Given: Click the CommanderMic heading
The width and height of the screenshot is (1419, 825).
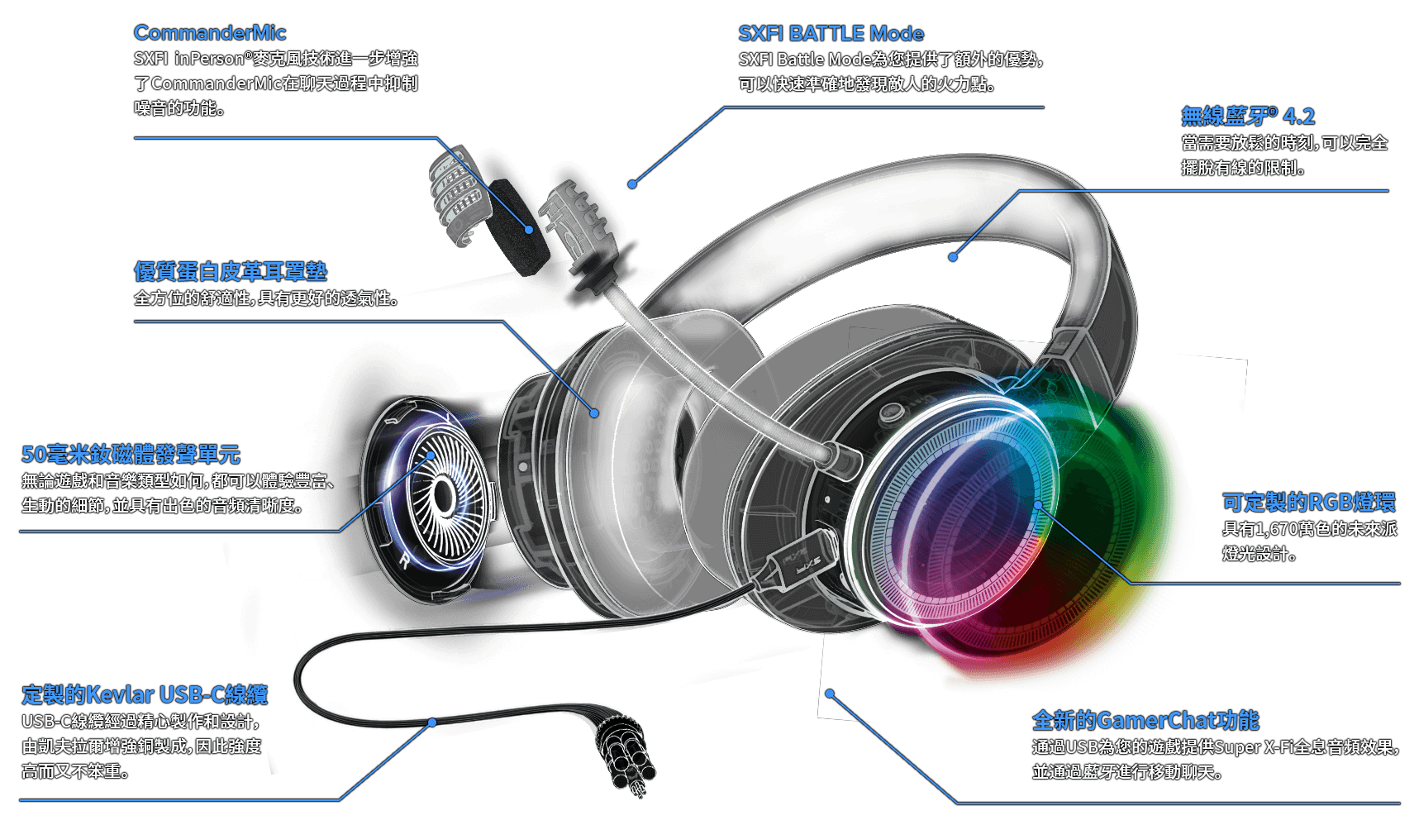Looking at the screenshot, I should click(210, 33).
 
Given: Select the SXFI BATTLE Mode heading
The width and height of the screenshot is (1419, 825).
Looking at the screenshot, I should click(831, 34).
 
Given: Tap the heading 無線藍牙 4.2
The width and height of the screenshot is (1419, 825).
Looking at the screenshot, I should click(1247, 117).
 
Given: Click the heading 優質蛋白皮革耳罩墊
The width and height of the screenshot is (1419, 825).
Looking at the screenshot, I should click(231, 271).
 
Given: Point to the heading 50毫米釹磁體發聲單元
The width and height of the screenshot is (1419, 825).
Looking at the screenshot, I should click(131, 454).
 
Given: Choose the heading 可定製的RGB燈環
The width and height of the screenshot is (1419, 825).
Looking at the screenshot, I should click(1308, 502).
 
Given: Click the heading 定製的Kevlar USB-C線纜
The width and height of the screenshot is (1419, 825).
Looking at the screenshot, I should click(145, 694).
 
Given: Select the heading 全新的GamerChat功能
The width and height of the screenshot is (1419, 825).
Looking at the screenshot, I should click(1145, 720).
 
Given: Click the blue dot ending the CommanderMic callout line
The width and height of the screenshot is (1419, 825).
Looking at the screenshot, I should click(529, 229).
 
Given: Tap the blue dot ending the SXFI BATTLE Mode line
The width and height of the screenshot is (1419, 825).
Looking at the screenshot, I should click(632, 184).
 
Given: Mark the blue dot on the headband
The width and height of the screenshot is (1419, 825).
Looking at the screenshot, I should click(953, 257).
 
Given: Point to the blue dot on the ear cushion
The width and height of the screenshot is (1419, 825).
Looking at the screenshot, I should click(594, 412).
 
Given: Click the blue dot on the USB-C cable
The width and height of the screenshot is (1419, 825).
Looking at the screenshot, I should click(432, 722).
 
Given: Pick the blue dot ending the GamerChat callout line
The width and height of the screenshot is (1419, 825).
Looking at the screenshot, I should click(830, 694).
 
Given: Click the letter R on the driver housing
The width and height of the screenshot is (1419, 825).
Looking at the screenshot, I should click(404, 561).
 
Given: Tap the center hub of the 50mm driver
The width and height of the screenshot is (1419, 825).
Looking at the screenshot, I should click(444, 496).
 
